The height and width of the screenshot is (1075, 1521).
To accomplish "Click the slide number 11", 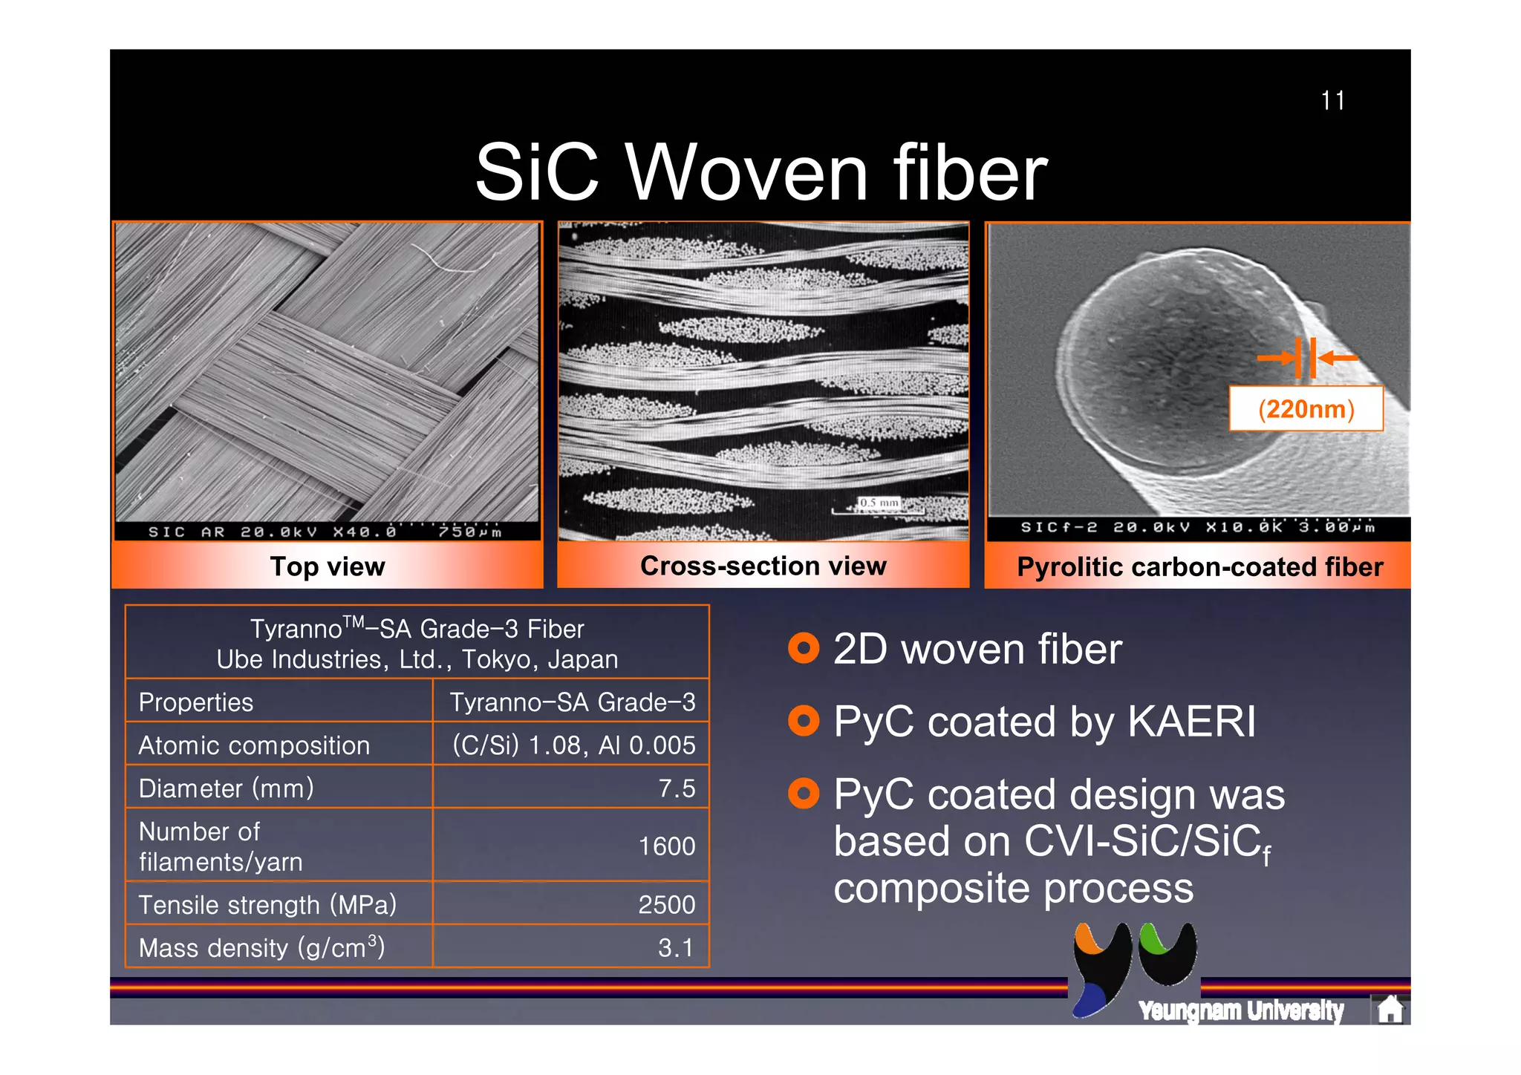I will click(x=1332, y=101).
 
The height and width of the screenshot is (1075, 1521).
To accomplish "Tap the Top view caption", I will click(x=328, y=566).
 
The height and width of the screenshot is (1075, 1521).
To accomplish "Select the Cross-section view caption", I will click(x=763, y=566).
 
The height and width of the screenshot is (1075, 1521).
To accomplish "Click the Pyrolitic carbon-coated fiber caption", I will click(x=1199, y=567).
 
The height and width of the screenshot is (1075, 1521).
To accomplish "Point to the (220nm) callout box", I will click(x=1306, y=408).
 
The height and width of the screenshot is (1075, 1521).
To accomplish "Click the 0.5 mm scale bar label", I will click(x=879, y=503).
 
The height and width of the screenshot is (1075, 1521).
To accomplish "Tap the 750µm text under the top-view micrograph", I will click(x=469, y=532).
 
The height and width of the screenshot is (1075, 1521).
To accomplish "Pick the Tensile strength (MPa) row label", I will click(x=267, y=905).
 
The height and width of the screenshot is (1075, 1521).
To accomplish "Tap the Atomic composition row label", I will click(x=254, y=745).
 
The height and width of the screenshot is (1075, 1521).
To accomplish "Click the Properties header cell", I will click(x=196, y=702).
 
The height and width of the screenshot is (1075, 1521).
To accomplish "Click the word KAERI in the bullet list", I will click(x=1191, y=722).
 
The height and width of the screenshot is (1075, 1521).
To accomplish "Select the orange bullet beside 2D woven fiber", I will click(x=803, y=649).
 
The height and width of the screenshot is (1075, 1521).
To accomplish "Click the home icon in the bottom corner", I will click(x=1389, y=1009).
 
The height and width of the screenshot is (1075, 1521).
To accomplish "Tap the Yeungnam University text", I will click(x=1240, y=1010).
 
